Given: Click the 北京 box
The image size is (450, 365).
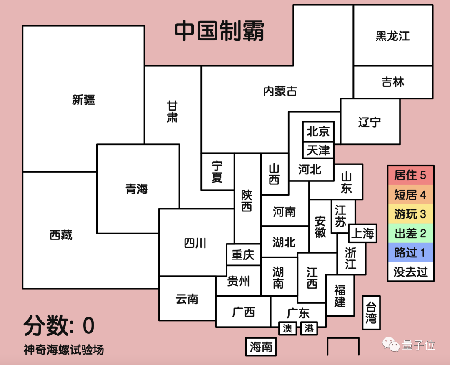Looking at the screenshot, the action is [x=318, y=132].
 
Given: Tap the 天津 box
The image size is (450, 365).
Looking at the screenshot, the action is [x=318, y=150].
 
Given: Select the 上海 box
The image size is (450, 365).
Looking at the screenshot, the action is [x=362, y=234].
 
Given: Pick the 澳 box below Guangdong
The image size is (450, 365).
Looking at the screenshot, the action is [x=287, y=328].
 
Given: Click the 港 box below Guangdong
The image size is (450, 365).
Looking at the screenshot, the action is [x=309, y=328].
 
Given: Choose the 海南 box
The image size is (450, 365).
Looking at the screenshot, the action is [x=261, y=347].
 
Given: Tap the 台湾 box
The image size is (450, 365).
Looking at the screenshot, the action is [x=371, y=312].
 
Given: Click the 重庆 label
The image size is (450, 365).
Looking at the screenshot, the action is [x=243, y=254].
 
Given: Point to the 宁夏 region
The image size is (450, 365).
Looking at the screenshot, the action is [x=217, y=172].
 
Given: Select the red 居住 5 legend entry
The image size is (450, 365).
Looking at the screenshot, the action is [x=410, y=175].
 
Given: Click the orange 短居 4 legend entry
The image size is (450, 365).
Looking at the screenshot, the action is [x=410, y=195].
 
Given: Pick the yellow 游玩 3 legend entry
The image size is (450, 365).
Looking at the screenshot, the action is [x=410, y=214].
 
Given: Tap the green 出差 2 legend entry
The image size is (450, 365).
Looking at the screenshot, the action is [x=410, y=233].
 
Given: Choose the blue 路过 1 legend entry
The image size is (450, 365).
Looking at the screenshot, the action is [x=410, y=252].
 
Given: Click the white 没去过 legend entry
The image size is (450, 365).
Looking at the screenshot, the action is [x=410, y=272].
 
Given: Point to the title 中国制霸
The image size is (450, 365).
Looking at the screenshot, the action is [x=219, y=31].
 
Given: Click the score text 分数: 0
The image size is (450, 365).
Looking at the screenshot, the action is [x=59, y=326].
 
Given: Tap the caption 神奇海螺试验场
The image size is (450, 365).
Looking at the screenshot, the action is [x=64, y=350].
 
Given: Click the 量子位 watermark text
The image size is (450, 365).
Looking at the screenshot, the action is [x=418, y=345].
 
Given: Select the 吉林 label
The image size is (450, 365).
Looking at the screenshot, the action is [x=393, y=82].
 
